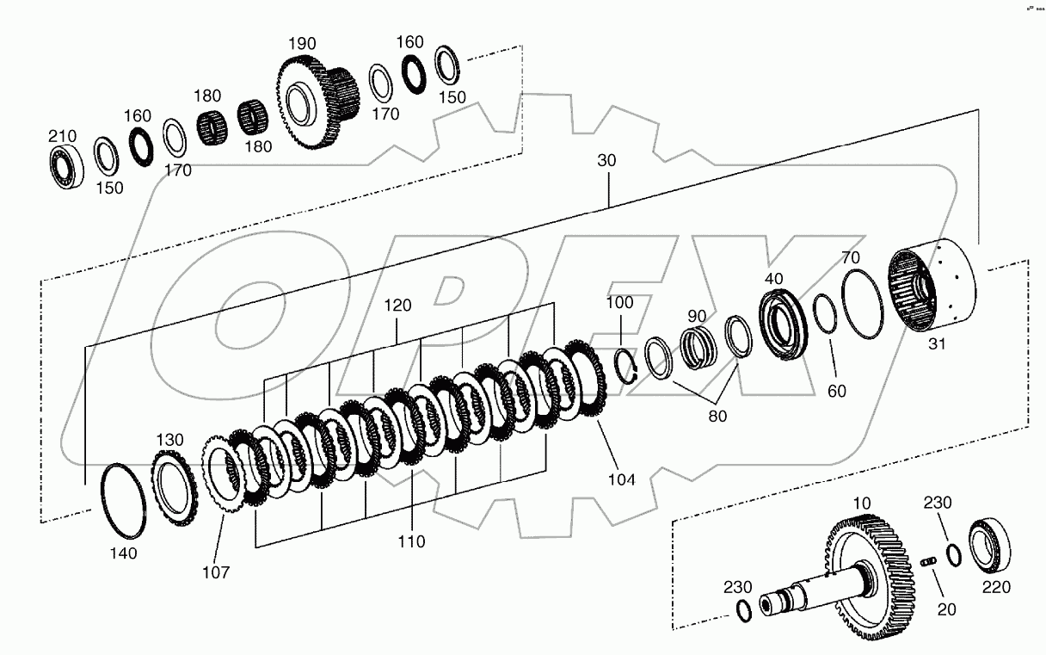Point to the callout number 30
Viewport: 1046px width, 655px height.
click(x=607, y=160)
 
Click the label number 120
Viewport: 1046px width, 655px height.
click(x=397, y=305)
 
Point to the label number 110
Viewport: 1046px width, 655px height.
click(x=411, y=542)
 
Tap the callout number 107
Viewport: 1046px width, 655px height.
click(x=215, y=572)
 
